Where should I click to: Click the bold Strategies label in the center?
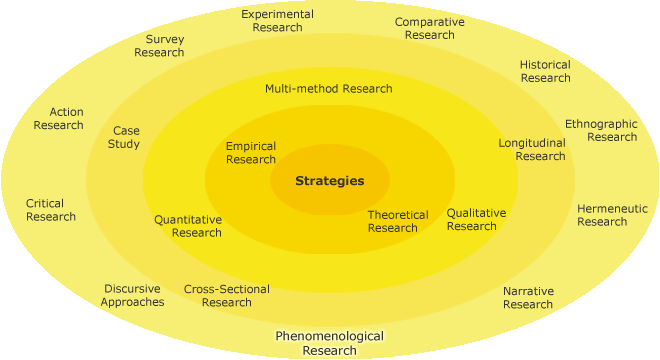click(x=329, y=181)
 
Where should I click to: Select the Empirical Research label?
click(x=251, y=153)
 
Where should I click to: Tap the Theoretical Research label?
click(x=397, y=221)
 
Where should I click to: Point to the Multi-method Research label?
click(x=328, y=88)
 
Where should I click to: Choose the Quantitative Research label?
click(x=188, y=226)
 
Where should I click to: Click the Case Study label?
click(x=125, y=137)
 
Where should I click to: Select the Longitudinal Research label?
click(x=532, y=149)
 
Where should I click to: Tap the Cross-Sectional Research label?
click(x=226, y=296)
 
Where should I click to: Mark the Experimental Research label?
click(x=277, y=21)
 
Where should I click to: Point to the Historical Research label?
click(x=545, y=71)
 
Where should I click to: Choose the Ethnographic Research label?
click(x=601, y=130)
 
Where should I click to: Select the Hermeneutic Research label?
click(x=611, y=215)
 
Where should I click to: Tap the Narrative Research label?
click(x=528, y=298)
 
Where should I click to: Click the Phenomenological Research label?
click(x=329, y=343)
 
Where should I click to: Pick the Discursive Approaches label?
click(x=132, y=295)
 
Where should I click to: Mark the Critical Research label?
click(x=51, y=210)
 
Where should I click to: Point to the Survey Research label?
click(x=159, y=46)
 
